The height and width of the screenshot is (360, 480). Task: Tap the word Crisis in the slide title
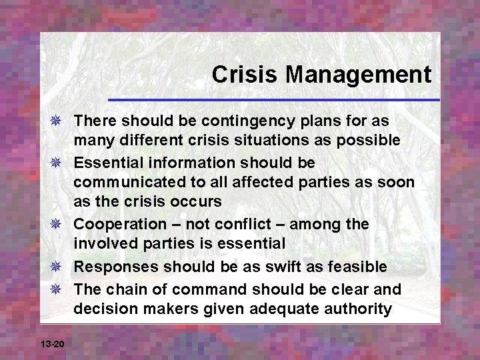(x=233, y=74)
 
